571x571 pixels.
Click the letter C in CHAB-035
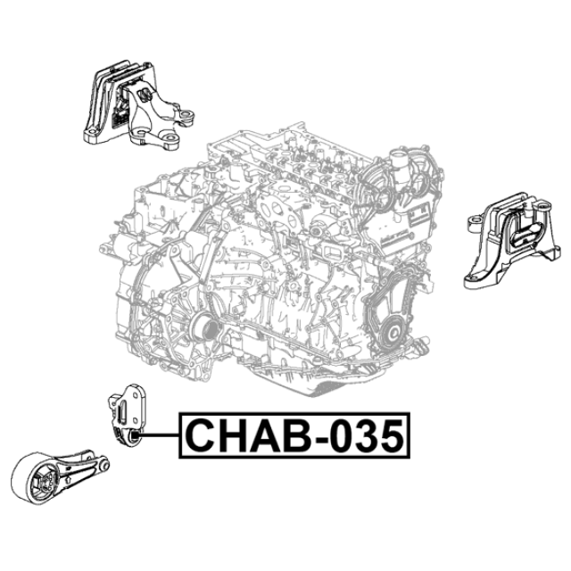(201, 435)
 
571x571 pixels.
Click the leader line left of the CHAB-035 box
(160, 434)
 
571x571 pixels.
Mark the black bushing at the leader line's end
(135, 434)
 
